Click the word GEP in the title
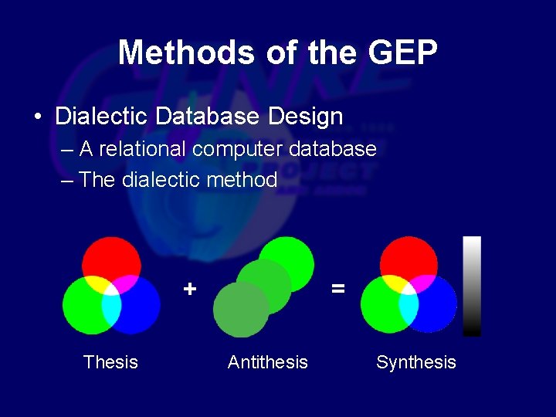pyautogui.click(x=403, y=53)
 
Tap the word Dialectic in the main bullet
pyautogui.click(x=102, y=117)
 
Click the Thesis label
pyautogui.click(x=110, y=362)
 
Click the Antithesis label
pyautogui.click(x=267, y=362)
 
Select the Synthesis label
pyautogui.click(x=415, y=362)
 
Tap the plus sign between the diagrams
pyautogui.click(x=190, y=289)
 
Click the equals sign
pyautogui.click(x=337, y=289)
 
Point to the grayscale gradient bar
pyautogui.click(x=472, y=286)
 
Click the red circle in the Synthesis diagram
pyautogui.click(x=409, y=255)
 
